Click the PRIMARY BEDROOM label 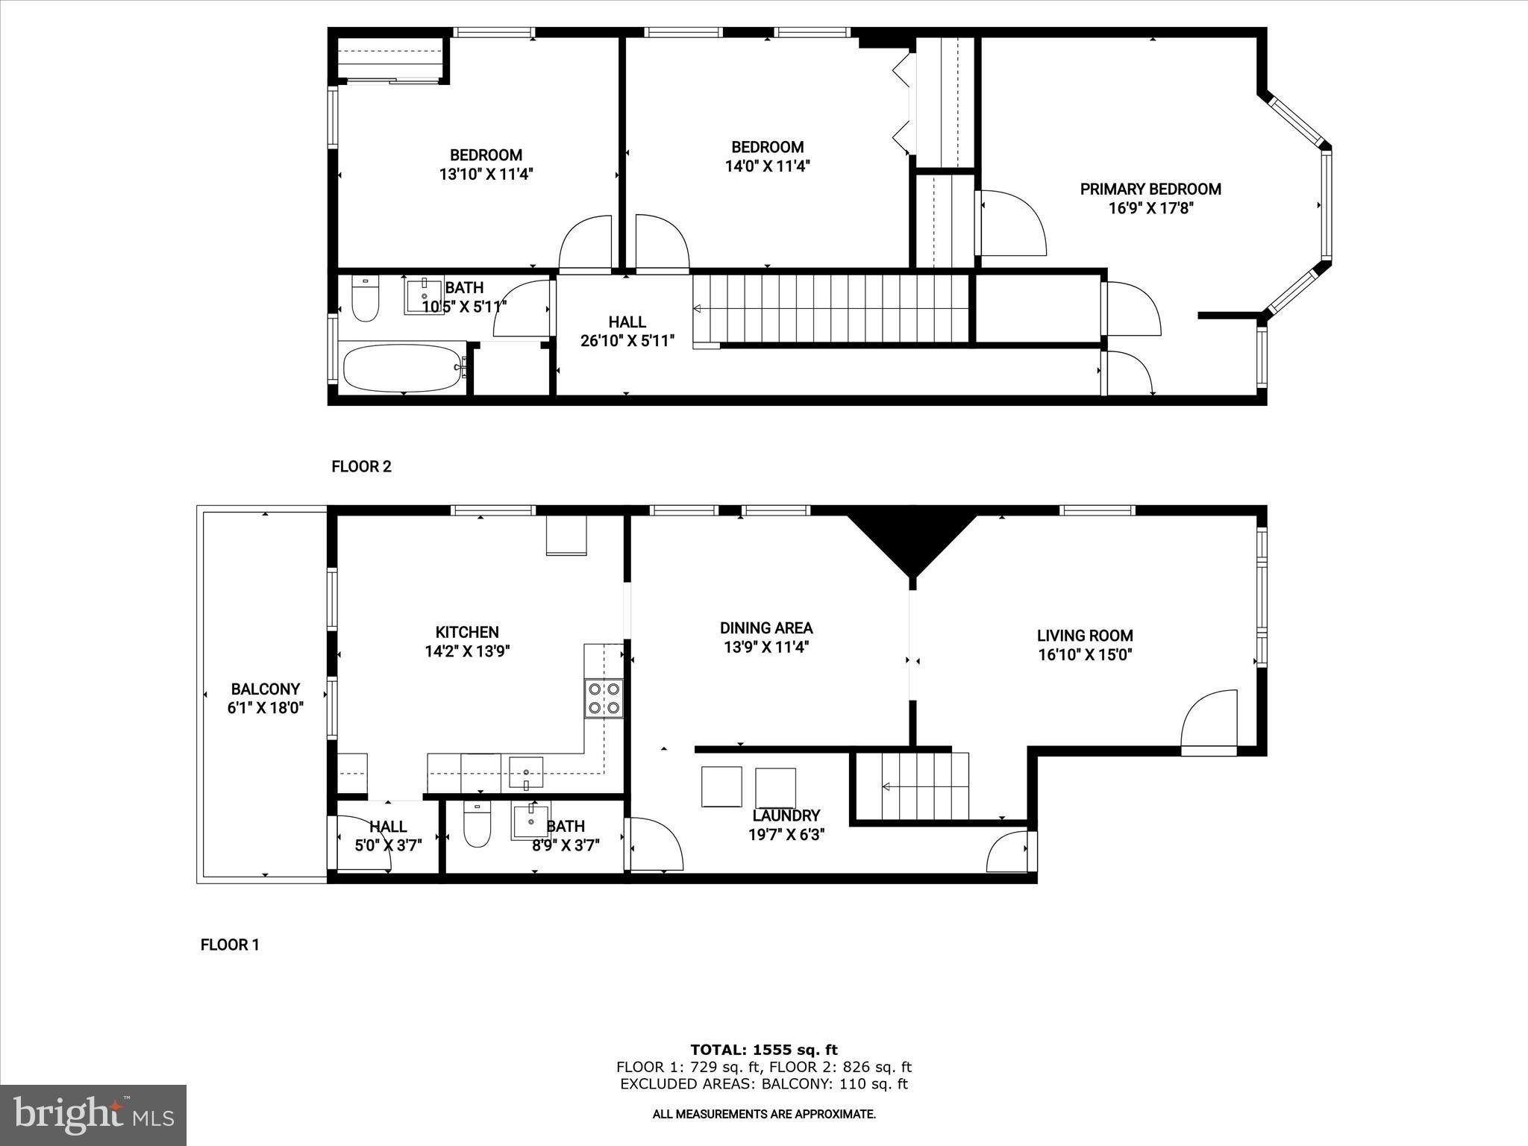tap(1150, 189)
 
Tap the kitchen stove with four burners tap(604, 698)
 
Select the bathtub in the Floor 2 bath tap(403, 368)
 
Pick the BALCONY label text tap(266, 689)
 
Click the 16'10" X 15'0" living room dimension tap(1085, 655)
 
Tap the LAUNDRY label tap(786, 815)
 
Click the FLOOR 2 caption tap(361, 467)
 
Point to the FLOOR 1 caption tap(230, 945)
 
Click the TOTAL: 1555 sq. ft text tap(763, 1050)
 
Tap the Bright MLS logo tap(93, 1114)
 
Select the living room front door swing tap(1209, 719)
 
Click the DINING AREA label tap(766, 628)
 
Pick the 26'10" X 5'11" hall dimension tap(627, 341)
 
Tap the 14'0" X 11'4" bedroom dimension tap(768, 166)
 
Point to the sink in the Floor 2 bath tap(424, 295)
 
